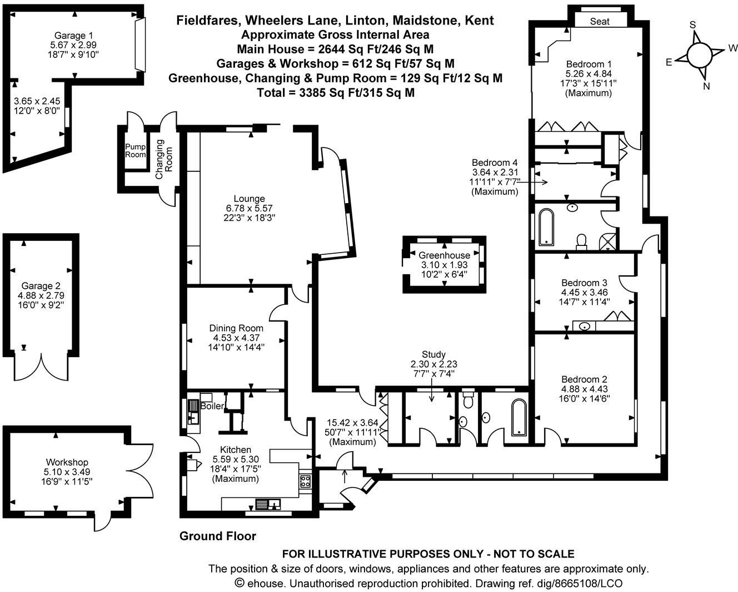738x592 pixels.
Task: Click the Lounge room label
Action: pos(249,199)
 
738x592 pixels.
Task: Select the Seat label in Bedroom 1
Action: pos(599,22)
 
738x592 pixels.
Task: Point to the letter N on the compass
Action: pos(706,86)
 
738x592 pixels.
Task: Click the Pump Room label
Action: pos(134,151)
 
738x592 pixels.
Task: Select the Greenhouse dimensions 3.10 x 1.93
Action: pos(443,265)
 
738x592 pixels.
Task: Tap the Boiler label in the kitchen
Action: pos(212,406)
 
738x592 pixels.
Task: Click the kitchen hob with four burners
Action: pos(305,481)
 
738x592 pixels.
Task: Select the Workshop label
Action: pos(67,462)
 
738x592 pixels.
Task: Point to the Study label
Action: pos(433,354)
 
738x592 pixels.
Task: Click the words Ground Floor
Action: pos(217,536)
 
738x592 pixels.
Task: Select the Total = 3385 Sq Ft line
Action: pos(336,92)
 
